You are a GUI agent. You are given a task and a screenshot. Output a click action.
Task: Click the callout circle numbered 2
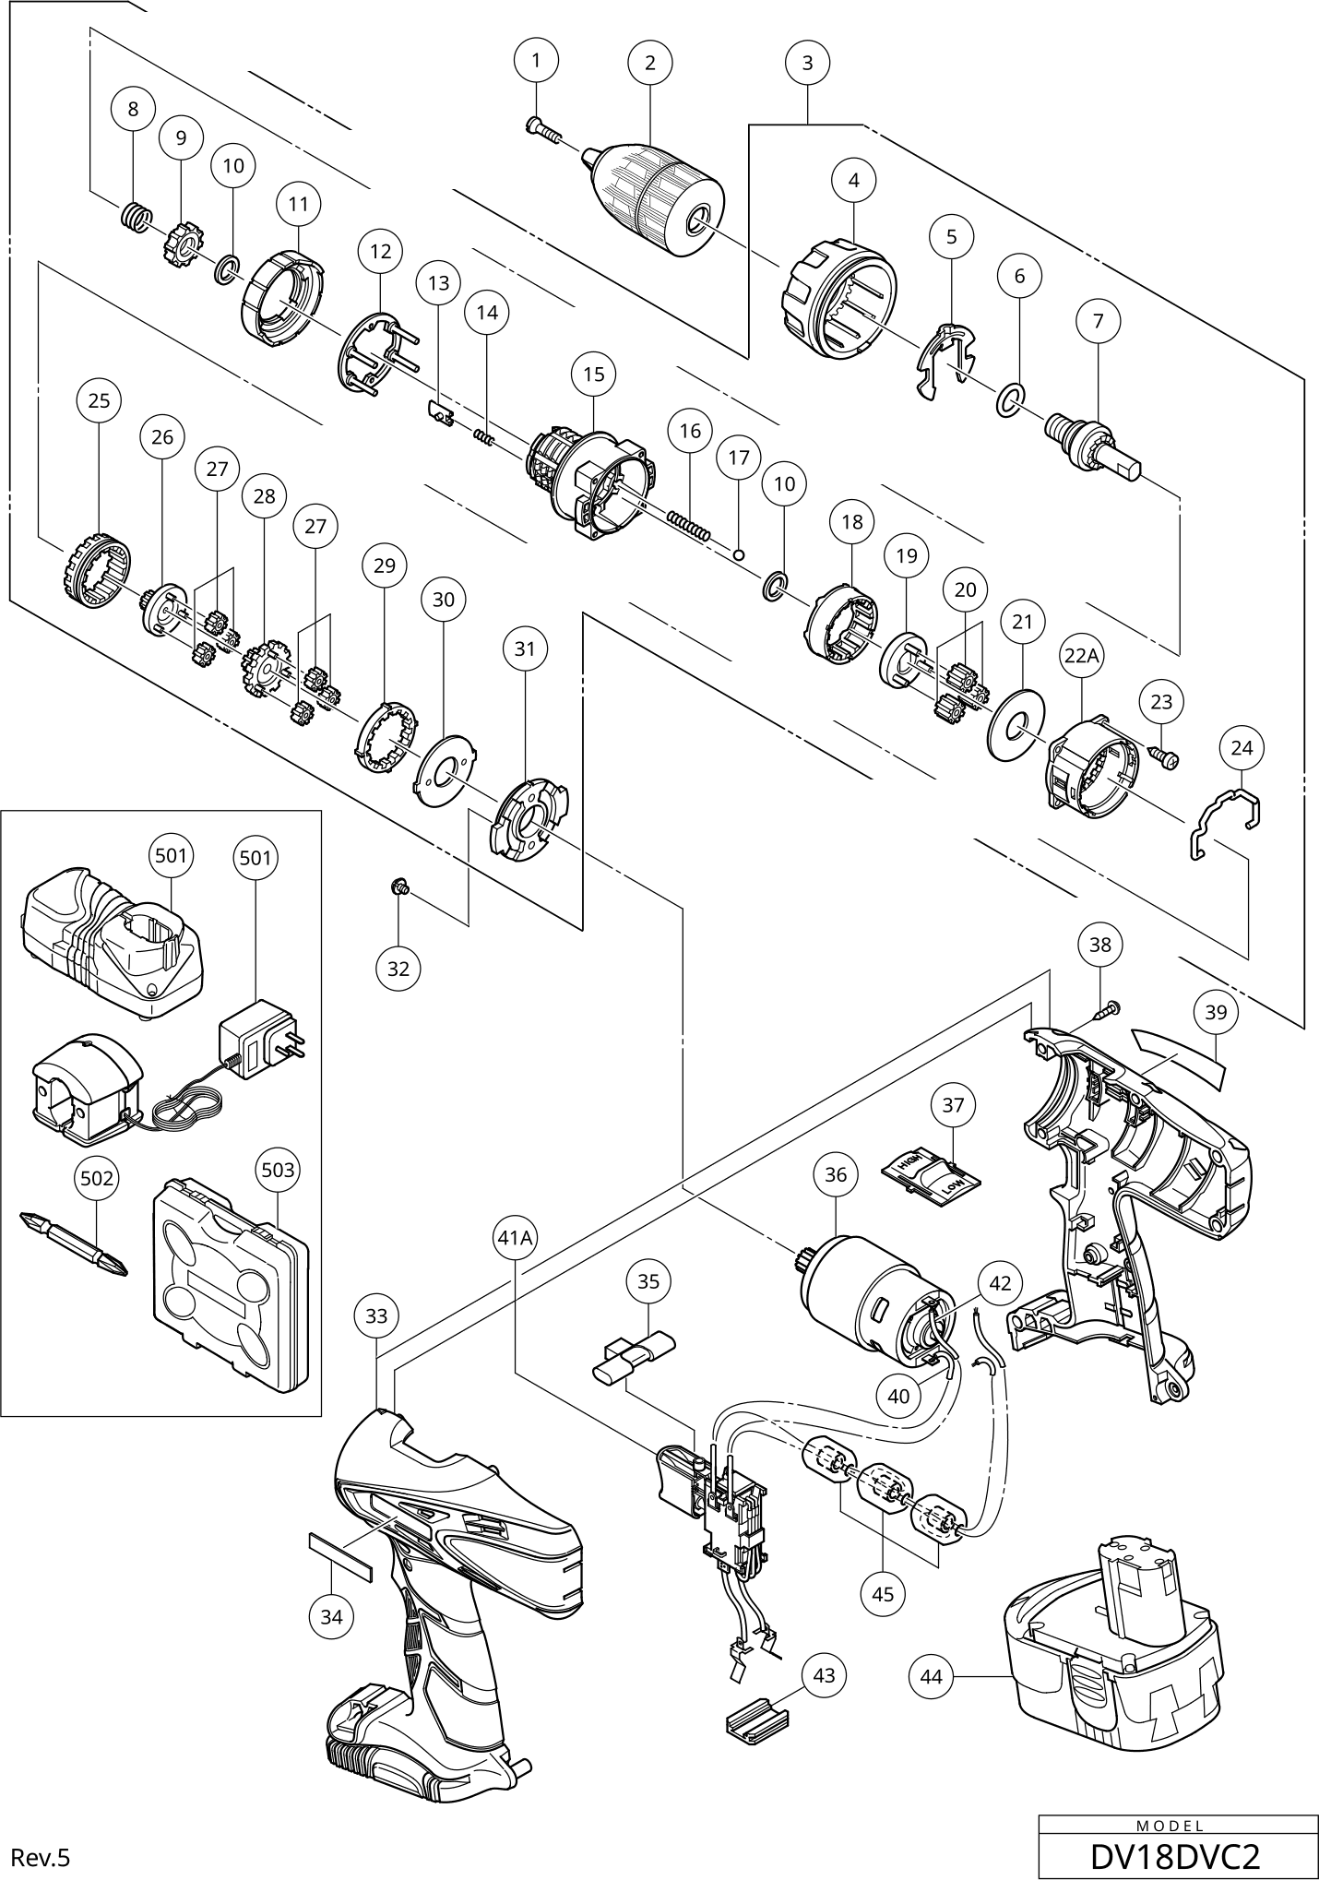[650, 63]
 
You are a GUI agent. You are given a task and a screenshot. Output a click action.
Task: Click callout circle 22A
[1080, 655]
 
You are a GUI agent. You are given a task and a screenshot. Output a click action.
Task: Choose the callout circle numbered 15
[593, 374]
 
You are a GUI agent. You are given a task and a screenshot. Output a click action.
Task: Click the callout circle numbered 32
[398, 969]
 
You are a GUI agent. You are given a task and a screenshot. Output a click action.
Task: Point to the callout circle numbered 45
[883, 1594]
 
